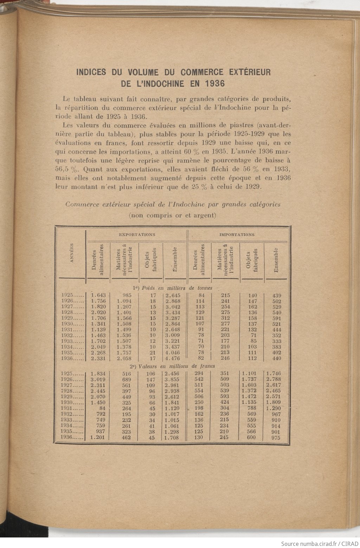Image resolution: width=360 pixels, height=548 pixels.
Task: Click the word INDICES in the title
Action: [91, 72]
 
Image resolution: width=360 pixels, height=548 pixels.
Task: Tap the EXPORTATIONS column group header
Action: [137, 234]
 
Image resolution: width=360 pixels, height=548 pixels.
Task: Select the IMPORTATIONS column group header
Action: [237, 234]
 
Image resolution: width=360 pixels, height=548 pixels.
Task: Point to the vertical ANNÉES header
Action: [72, 253]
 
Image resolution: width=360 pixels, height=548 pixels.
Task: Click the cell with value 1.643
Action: [98, 296]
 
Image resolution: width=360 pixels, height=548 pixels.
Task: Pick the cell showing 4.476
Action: [172, 359]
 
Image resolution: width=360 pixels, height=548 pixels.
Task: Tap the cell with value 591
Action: [277, 318]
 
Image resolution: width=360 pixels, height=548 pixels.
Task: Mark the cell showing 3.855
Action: [172, 379]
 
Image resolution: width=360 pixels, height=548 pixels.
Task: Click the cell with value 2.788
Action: [274, 379]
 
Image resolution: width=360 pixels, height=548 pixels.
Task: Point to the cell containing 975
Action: [276, 438]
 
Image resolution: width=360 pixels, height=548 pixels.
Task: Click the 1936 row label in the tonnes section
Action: [72, 359]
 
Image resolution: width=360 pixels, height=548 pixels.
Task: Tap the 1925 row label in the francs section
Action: [72, 374]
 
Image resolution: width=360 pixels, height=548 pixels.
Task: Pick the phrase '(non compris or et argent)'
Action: [172, 215]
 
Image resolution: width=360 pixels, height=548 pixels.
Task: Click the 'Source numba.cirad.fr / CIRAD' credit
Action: [320, 543]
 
